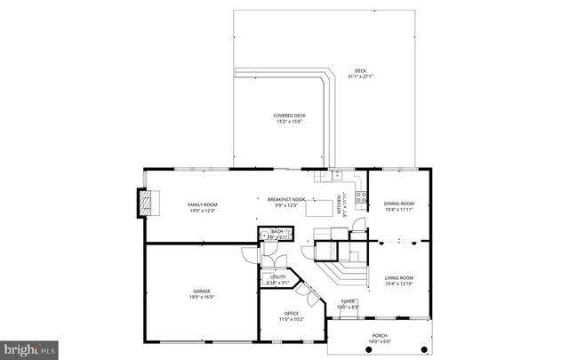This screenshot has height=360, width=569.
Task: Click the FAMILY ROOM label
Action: (x=203, y=204)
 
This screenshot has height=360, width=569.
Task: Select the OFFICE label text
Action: (x=292, y=313)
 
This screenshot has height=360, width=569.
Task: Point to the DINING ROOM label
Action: (x=399, y=204)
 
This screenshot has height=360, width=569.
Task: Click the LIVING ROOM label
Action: (x=399, y=278)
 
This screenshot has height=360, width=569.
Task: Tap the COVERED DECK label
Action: (x=289, y=116)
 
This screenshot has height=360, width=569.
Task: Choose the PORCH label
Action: (x=380, y=335)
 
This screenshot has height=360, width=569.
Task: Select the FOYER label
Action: (x=349, y=302)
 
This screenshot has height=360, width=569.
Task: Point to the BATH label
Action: (x=276, y=232)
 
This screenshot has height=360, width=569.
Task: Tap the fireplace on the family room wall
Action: (x=146, y=204)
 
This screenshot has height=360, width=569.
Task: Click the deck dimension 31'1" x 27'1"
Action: (x=360, y=76)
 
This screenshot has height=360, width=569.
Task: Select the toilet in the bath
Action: (x=263, y=236)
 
